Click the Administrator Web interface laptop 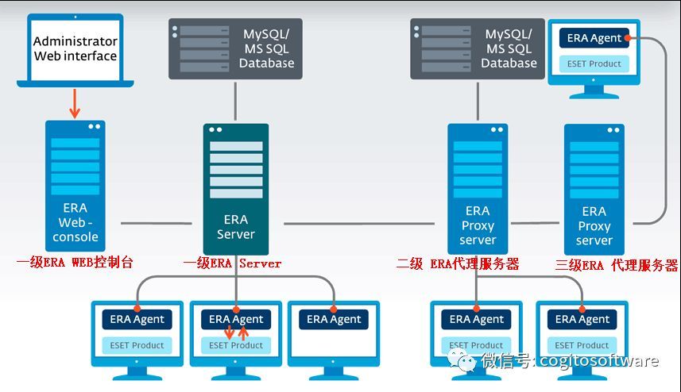coord(75,50)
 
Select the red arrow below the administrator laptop coord(75,102)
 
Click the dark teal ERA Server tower coord(236,188)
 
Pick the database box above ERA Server coord(235,49)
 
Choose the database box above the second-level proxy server coord(477,49)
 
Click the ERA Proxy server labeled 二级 coord(478,187)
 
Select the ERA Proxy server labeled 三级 coord(594,187)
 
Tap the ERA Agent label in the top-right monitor coord(594,38)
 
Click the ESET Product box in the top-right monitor coord(594,63)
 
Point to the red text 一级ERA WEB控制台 coord(75,263)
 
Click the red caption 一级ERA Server coord(232,263)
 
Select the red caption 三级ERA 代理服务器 coord(617,265)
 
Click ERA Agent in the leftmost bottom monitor coord(137,319)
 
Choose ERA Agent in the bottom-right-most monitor coord(582,319)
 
